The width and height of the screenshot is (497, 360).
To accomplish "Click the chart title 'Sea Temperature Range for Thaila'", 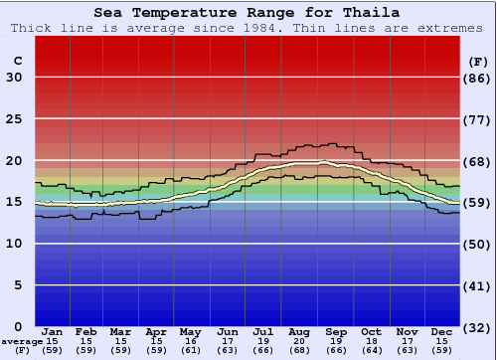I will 248,13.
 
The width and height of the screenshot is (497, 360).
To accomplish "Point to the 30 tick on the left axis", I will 14,78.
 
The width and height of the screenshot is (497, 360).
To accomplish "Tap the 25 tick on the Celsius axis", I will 14,119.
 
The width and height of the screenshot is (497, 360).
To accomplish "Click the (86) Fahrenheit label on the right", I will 477,78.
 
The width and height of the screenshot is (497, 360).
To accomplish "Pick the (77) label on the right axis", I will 477,119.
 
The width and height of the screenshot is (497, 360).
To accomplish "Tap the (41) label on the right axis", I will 477,285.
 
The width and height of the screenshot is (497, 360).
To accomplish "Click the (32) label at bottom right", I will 477,327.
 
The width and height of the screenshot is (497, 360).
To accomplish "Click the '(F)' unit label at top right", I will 477,61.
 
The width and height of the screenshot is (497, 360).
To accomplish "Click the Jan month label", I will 53,332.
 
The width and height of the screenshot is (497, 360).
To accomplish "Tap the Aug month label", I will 299,332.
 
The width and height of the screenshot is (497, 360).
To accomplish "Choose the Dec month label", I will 442,332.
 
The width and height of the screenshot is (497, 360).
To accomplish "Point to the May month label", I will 189,332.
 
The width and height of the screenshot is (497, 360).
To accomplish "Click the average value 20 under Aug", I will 299,341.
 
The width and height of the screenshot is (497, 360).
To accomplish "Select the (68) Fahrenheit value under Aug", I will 299,350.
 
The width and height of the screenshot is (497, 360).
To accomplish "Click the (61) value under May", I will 189,350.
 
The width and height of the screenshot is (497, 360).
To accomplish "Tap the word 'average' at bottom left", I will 21,341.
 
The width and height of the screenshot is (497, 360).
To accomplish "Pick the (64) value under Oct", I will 371,350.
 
